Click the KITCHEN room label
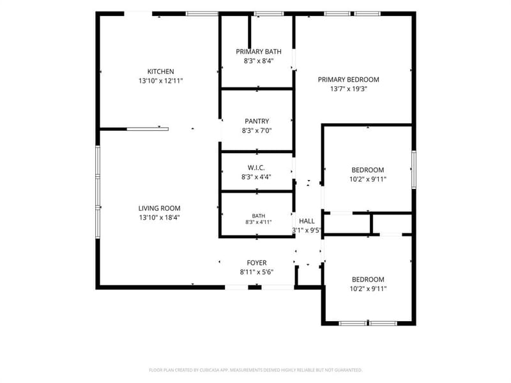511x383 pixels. (x=161, y=71)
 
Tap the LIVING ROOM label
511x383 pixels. (x=159, y=209)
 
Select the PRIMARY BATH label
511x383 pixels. (x=259, y=52)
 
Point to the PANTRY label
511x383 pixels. (x=257, y=121)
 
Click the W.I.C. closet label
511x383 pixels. (x=256, y=168)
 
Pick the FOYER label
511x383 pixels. (x=257, y=263)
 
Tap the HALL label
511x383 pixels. (x=307, y=221)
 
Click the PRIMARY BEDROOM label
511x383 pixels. (x=349, y=80)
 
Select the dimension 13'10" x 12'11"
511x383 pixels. (x=161, y=81)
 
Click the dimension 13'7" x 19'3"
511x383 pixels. (x=349, y=89)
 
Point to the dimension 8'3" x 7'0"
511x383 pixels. (x=257, y=131)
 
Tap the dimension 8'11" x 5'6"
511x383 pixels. (x=257, y=273)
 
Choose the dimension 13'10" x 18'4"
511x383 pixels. (x=159, y=218)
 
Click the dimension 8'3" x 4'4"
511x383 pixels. (x=256, y=177)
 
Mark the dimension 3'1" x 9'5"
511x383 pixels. (x=307, y=230)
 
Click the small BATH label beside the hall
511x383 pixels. (x=259, y=216)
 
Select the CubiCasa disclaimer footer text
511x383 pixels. (x=256, y=370)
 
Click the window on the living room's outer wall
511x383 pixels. (x=98, y=192)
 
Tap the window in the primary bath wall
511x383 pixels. (x=269, y=13)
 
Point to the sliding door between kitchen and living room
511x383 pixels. (x=148, y=130)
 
